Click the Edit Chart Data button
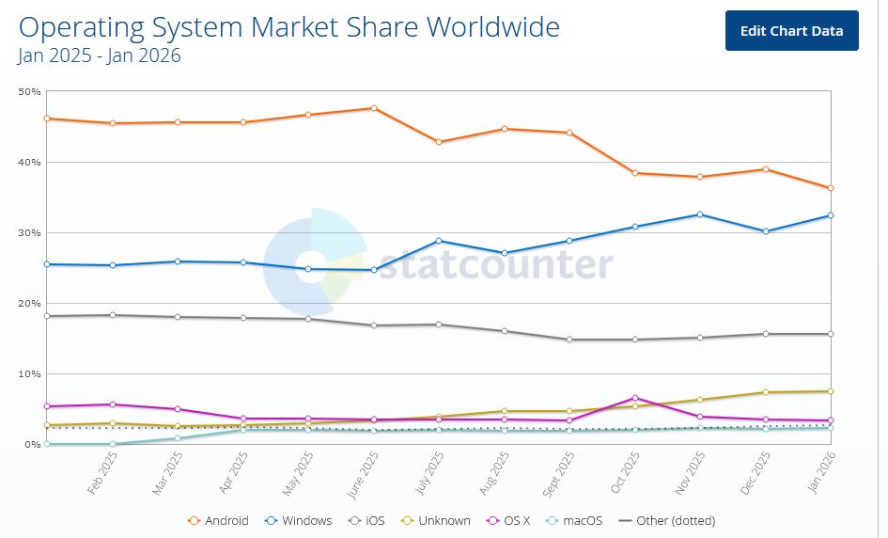pyautogui.click(x=791, y=31)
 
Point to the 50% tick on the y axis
pyautogui.click(x=29, y=91)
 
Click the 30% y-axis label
pyautogui.click(x=29, y=232)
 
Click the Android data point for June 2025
pyautogui.click(x=374, y=108)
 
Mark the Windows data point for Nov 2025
pyautogui.click(x=700, y=214)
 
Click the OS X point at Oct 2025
pyautogui.click(x=635, y=398)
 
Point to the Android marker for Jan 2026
pyautogui.click(x=831, y=188)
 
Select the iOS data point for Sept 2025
pyautogui.click(x=569, y=340)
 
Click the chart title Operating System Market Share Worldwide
pyautogui.click(x=288, y=26)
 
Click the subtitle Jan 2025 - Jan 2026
pyautogui.click(x=100, y=55)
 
